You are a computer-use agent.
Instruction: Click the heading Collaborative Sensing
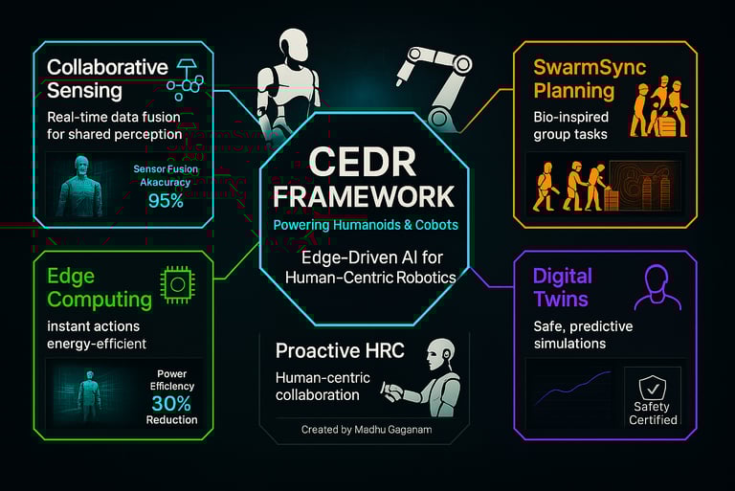[x=107, y=78]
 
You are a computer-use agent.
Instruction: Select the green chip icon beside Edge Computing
[x=178, y=282]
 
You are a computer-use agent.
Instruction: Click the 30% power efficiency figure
[x=172, y=402]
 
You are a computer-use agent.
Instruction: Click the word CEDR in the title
[x=367, y=161]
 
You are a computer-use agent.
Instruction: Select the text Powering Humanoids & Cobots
[x=367, y=225]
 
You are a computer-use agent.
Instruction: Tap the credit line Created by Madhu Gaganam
[x=367, y=430]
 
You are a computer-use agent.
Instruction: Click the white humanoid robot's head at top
[x=299, y=46]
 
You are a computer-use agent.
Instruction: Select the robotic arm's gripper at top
[x=421, y=57]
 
